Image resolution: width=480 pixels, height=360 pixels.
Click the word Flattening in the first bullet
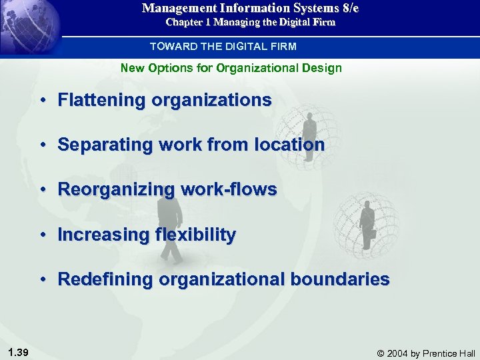[x=102, y=101]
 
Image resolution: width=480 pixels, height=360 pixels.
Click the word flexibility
[x=195, y=235]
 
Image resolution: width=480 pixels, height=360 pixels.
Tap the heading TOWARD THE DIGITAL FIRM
[x=223, y=47]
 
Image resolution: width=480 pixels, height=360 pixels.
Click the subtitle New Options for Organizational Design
[x=231, y=68]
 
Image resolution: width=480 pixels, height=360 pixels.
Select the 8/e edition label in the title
[x=348, y=9]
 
